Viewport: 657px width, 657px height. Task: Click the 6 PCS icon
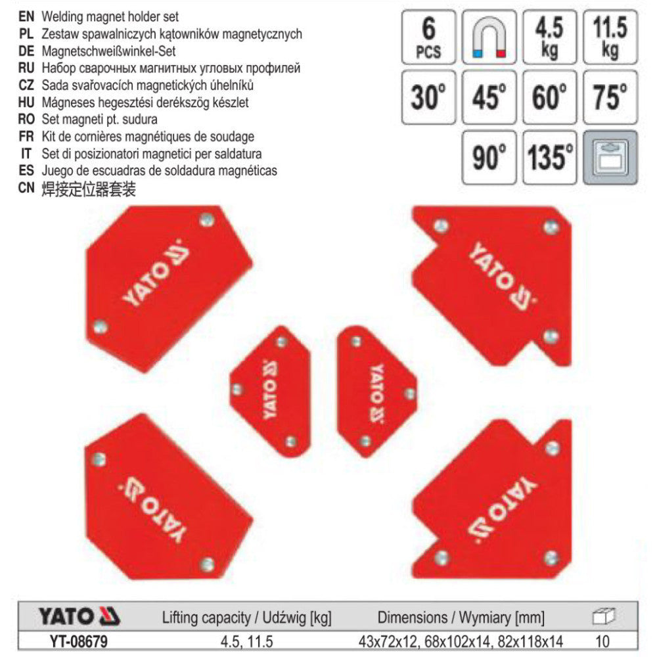point(428,37)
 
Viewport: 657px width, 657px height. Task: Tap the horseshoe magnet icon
point(489,37)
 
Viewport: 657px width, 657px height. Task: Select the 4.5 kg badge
point(550,37)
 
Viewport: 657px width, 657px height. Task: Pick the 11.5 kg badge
point(610,37)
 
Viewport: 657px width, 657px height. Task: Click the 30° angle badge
point(428,98)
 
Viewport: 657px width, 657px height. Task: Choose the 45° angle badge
point(489,98)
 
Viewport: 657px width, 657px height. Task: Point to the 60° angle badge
point(550,98)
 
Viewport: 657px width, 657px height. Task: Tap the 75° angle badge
point(610,98)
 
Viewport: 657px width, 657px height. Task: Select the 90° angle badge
point(489,158)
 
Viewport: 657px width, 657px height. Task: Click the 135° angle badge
point(550,158)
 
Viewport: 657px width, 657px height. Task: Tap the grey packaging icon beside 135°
point(610,158)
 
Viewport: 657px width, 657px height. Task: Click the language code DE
point(26,51)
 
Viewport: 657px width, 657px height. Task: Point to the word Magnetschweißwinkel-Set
point(108,51)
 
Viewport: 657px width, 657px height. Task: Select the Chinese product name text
point(89,189)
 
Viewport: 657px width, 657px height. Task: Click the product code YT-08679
point(79,641)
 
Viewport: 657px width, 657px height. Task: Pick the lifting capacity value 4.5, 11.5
point(247,641)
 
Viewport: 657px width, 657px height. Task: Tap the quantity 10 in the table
point(602,641)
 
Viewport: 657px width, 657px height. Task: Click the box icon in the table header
point(603,616)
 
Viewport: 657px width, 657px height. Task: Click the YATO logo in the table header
point(79,617)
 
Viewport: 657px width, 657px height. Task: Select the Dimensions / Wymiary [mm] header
point(461,618)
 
